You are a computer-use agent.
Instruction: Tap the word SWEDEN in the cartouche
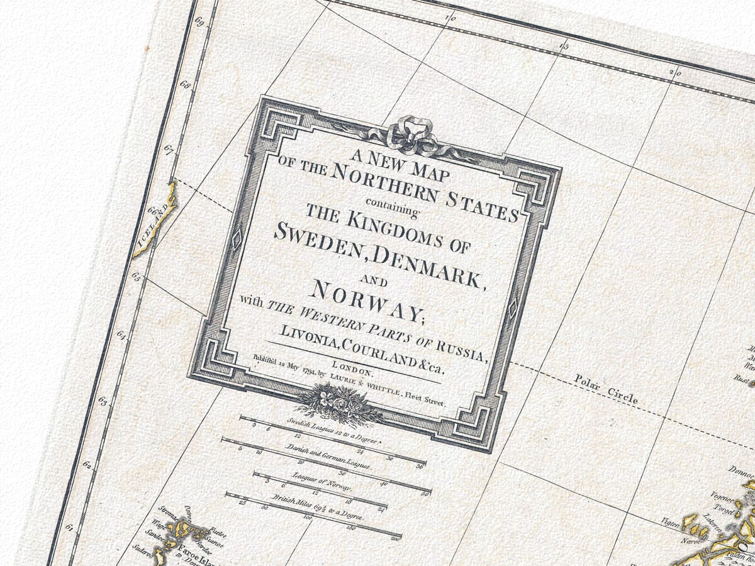[x=320, y=240]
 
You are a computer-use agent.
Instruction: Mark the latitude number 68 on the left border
[x=185, y=85]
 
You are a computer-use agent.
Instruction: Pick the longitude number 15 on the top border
[x=564, y=47]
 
